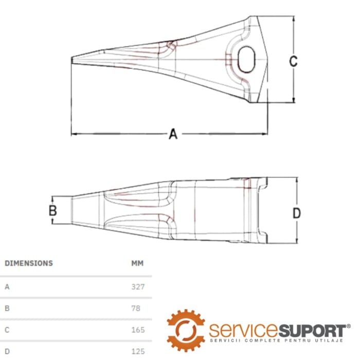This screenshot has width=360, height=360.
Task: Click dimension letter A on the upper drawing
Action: click(x=173, y=134)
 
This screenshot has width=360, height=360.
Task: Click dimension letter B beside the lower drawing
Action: click(x=52, y=210)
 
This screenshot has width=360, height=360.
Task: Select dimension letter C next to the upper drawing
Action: click(x=293, y=61)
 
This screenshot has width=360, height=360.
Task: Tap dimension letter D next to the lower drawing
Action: click(x=297, y=213)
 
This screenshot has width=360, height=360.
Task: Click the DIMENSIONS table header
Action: click(x=29, y=263)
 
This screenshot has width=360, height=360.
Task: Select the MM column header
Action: click(x=137, y=263)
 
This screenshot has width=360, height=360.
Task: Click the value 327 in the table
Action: click(x=138, y=286)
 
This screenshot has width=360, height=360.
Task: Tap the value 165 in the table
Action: click(x=138, y=330)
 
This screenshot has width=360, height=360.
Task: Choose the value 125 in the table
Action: click(x=138, y=351)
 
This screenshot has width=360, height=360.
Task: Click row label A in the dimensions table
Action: click(x=7, y=286)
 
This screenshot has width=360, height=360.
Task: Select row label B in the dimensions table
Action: click(x=7, y=308)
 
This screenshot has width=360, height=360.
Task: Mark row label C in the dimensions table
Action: click(x=7, y=330)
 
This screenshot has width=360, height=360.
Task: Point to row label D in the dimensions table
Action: click(x=7, y=351)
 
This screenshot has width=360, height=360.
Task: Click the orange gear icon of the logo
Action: click(x=186, y=330)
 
